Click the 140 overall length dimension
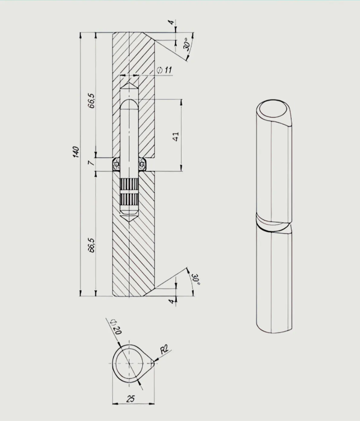76,152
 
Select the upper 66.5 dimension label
91,101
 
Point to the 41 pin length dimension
176,136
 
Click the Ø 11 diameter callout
164,70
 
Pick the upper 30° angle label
187,44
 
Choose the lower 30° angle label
196,279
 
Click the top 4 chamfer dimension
171,22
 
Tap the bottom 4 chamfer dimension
172,302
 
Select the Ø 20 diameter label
117,327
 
